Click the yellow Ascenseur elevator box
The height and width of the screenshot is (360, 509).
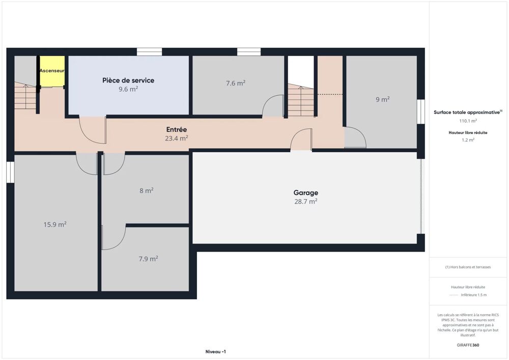tap(52, 71)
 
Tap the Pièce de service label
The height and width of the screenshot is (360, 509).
tap(128, 80)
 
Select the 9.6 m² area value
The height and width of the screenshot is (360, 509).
tap(128, 89)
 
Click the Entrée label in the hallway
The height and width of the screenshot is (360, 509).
tap(177, 129)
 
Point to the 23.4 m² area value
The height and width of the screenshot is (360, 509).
tap(177, 139)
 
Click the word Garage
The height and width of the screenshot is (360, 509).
tap(306, 193)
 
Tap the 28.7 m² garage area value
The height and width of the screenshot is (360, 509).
tap(306, 201)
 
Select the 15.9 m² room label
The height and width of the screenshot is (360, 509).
tap(55, 225)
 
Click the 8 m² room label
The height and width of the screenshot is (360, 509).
tap(147, 190)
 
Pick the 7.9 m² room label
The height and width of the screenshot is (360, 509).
tap(148, 259)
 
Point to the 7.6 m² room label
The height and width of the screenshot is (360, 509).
tap(236, 83)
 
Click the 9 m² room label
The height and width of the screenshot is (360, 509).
tap(383, 99)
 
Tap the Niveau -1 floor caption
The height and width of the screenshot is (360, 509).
tap(215, 351)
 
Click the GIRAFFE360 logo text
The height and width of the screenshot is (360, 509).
tap(468, 345)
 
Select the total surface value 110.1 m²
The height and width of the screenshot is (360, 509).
tap(468, 121)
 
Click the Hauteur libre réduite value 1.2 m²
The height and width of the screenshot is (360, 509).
tap(468, 140)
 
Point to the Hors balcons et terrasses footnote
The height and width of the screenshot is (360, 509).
tap(468, 267)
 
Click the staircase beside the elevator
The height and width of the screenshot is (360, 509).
tap(25, 96)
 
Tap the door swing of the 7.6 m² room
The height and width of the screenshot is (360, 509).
tap(273, 105)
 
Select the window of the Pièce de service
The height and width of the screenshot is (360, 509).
tap(149, 52)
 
